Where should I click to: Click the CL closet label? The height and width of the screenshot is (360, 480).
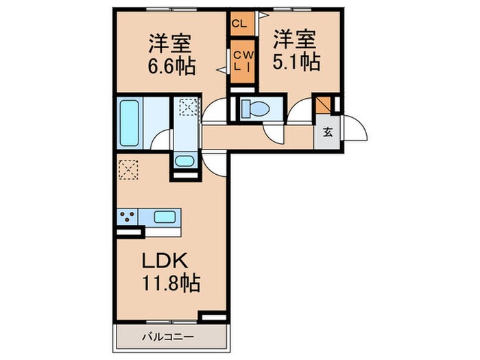coord(239,23)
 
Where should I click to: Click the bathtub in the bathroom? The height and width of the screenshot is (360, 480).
coord(130,123)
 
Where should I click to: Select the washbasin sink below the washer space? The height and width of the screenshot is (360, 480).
coord(184,162)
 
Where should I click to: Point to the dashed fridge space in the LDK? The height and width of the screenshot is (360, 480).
coord(129,169)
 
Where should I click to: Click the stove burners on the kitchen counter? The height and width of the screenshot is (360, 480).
coord(127,217)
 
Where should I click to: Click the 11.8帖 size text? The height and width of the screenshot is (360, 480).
coord(171,282)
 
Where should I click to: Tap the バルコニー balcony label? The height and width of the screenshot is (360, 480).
coord(168,337)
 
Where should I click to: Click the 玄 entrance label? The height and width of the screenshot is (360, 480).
coord(327,132)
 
